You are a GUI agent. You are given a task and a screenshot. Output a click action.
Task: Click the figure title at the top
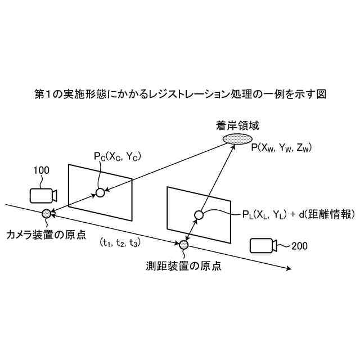180,94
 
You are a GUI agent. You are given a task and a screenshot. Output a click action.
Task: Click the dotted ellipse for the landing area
234,138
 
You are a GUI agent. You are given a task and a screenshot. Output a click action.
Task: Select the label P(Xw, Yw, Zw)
282,147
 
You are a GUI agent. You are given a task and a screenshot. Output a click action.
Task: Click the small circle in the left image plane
100,193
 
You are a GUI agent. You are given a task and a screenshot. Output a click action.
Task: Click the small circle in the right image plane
199,214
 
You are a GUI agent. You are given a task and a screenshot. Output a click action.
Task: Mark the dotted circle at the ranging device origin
183,244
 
